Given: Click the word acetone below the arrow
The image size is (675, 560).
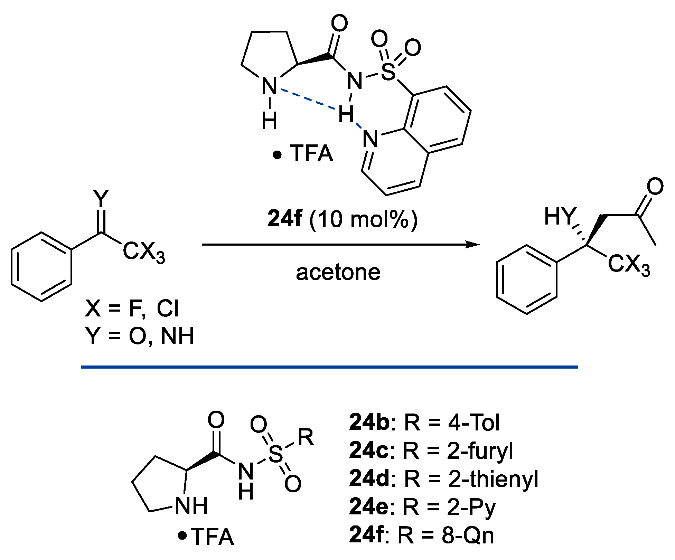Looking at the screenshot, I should tap(338, 273).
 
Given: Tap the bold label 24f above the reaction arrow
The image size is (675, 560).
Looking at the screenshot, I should tap(284, 219).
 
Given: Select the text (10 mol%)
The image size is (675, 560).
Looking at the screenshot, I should tap(363, 219).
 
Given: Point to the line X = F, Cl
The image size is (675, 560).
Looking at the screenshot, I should tap(132, 309).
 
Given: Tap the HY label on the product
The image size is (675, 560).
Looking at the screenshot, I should tap(560, 217).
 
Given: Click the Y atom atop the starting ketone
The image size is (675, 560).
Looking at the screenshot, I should tap(101, 198).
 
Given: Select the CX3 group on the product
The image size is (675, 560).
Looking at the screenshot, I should tap(629, 265).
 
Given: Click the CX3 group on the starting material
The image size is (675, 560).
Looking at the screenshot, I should tap(144, 252).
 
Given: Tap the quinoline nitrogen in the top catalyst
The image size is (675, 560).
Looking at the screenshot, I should tap(370, 139).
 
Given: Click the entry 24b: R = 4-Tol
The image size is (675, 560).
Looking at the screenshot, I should tap(424, 423).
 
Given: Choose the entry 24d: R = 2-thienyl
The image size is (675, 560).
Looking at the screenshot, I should tap(443, 479).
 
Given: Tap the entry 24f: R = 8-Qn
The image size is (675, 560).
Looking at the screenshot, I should tap(421, 535).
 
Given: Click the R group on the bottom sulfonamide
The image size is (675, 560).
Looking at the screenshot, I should tap(306, 437).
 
